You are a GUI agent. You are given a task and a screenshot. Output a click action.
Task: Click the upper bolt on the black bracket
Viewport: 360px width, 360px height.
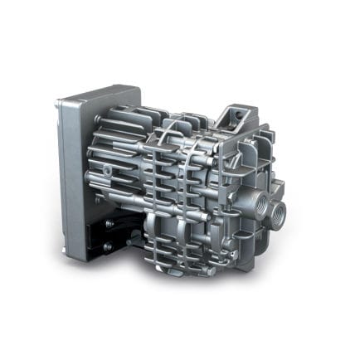[x=108, y=223]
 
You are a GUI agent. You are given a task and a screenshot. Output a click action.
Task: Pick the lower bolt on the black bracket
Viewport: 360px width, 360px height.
[x=108, y=246]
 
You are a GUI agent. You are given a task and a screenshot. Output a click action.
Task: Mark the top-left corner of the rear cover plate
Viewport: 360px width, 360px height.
[x=60, y=103]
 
